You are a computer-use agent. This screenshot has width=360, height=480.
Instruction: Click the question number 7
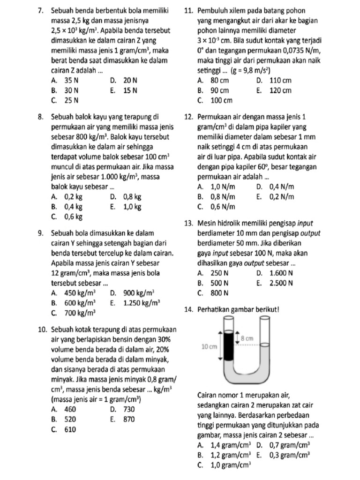[x=40, y=10]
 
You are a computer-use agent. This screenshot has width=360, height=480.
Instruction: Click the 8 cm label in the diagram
[x=247, y=337]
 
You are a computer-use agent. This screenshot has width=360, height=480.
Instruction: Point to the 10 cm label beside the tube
[x=209, y=346]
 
